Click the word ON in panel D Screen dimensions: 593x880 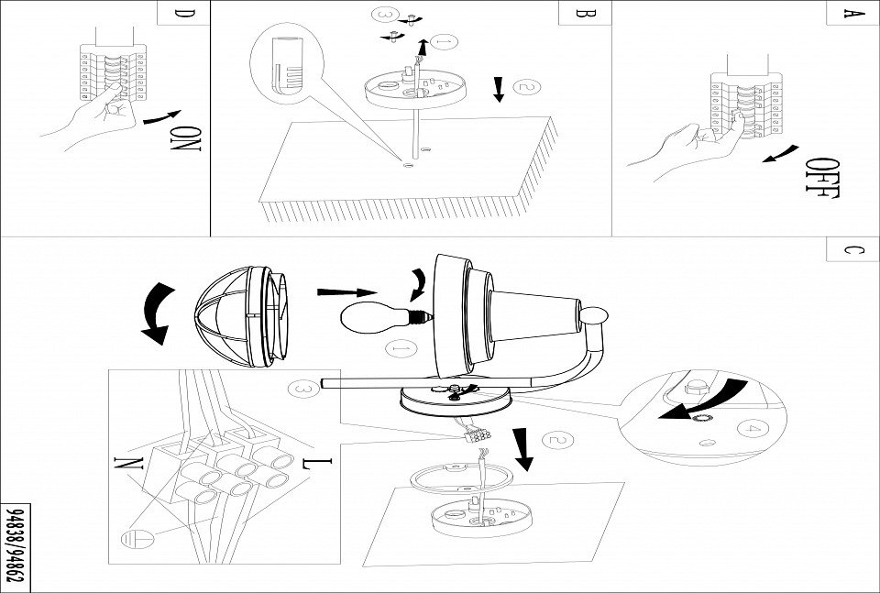tap(186, 138)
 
